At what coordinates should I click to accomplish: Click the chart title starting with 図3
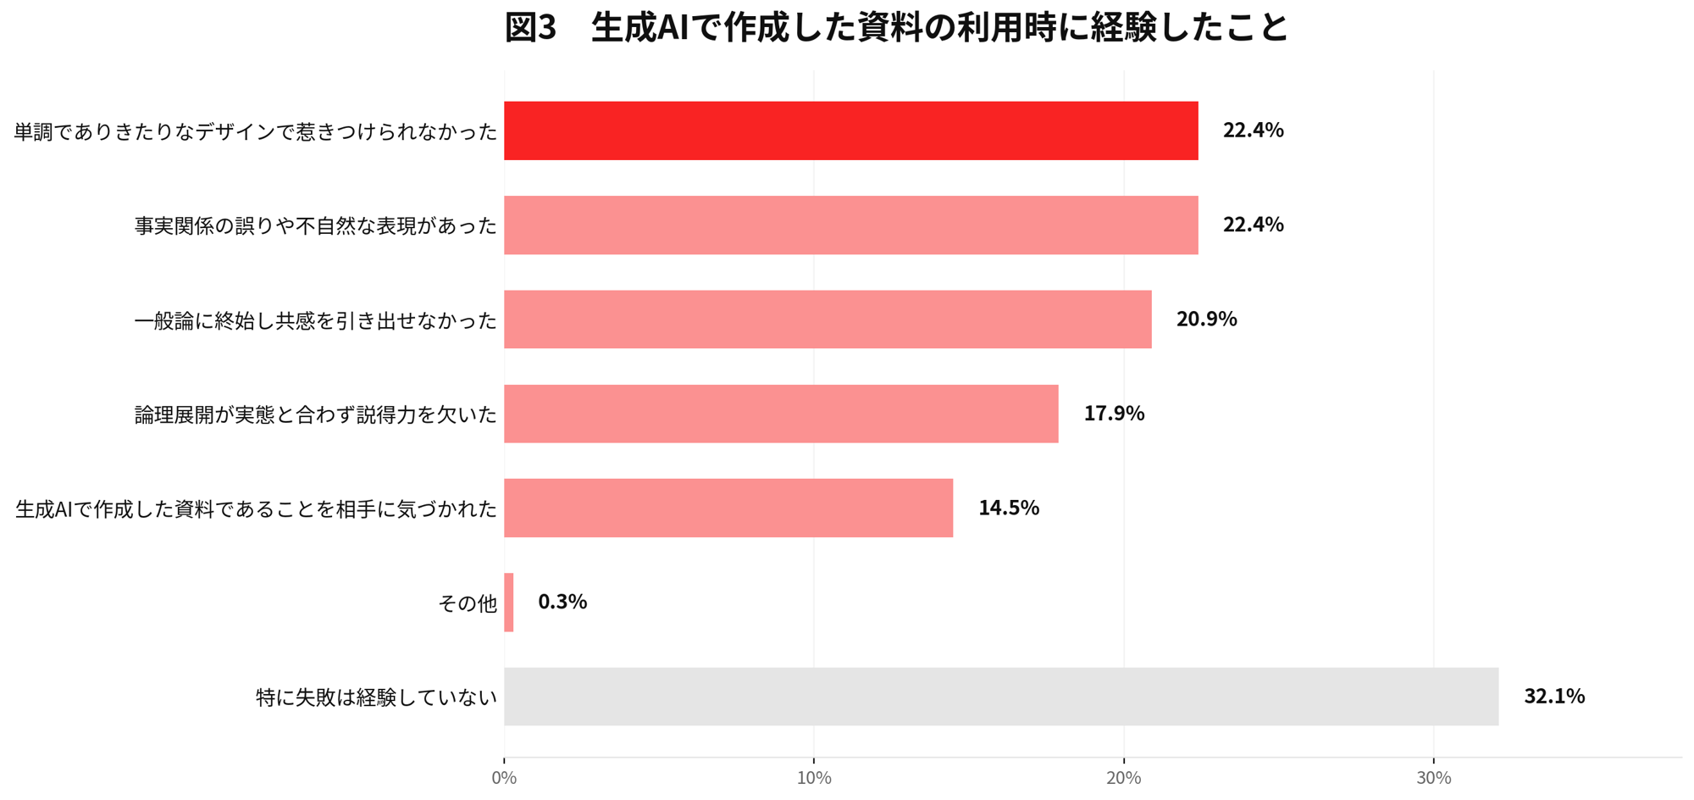click(x=896, y=27)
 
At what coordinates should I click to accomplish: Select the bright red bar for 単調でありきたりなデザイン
click(x=851, y=131)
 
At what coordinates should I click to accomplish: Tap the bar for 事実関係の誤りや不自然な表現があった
click(x=851, y=225)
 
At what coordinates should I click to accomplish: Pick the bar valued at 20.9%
click(x=828, y=319)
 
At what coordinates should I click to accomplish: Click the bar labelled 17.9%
click(x=781, y=414)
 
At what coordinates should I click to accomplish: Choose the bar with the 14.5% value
click(x=728, y=508)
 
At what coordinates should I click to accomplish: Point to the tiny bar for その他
click(x=508, y=603)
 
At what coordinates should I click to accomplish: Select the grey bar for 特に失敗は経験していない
click(x=1001, y=697)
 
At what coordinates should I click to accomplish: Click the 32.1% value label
click(x=1554, y=697)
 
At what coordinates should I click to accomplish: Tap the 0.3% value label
click(x=562, y=602)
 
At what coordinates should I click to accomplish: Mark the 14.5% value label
click(x=1009, y=508)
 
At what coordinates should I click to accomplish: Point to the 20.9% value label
click(x=1206, y=319)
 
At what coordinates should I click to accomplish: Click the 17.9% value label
click(x=1114, y=414)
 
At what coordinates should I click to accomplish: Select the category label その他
click(x=468, y=603)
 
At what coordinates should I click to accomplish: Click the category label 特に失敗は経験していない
click(x=377, y=697)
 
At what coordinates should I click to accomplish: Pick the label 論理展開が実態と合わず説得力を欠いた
click(x=316, y=414)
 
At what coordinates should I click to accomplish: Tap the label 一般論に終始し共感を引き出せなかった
click(x=316, y=320)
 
